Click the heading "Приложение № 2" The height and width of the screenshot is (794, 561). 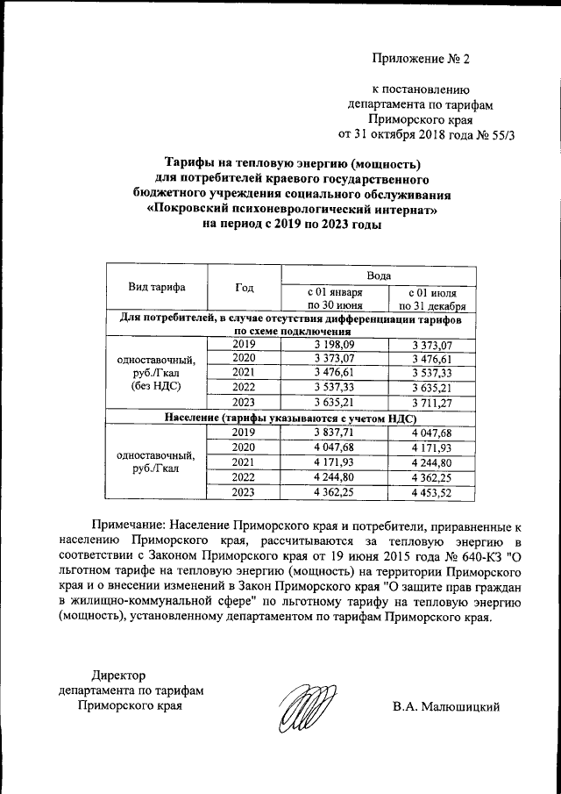point(421,60)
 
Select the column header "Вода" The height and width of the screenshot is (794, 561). point(379,275)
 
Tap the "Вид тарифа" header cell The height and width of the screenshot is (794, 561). point(157,287)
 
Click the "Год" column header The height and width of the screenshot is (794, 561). point(245,287)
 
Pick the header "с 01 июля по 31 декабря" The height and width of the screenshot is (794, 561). point(431,298)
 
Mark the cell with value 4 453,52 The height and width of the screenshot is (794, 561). point(431,492)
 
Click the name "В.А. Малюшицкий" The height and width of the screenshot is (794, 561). point(446,706)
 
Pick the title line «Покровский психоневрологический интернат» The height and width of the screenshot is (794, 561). point(291,210)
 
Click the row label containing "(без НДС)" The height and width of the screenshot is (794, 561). point(157,386)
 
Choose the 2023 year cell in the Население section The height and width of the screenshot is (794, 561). point(245,492)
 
